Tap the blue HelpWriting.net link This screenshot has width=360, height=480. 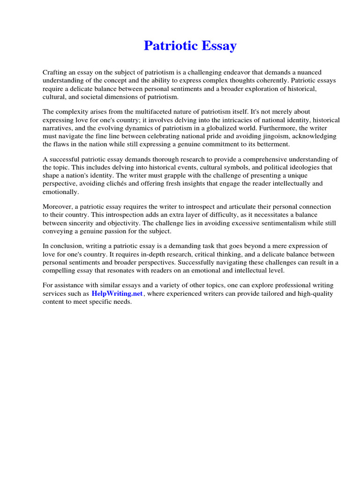118,293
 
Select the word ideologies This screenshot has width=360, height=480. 294,168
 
